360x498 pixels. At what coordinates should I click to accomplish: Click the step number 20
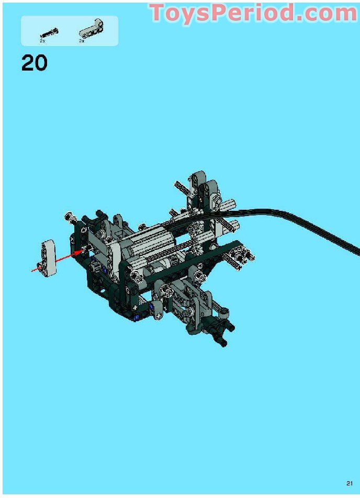(35, 63)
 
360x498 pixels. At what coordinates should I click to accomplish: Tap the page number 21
(350, 484)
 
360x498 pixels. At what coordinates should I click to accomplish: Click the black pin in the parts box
(49, 33)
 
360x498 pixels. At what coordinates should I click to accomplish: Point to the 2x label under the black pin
(42, 41)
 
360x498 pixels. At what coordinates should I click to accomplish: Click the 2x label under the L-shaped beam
(82, 41)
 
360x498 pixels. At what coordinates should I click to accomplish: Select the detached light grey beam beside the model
(48, 258)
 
